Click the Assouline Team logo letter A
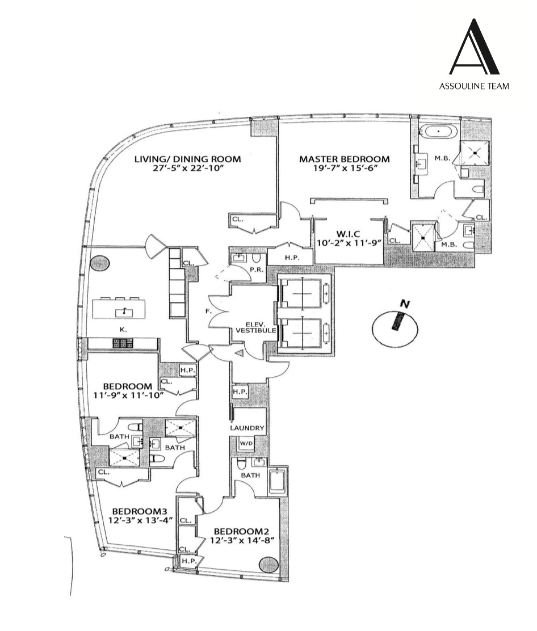pyautogui.click(x=474, y=48)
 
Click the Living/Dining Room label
pyautogui.click(x=187, y=159)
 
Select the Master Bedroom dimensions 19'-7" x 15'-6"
pyautogui.click(x=345, y=169)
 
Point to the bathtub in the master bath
pyautogui.click(x=438, y=133)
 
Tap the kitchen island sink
pyautogui.click(x=123, y=310)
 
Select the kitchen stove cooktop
pyautogui.click(x=123, y=343)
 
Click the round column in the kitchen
pyautogui.click(x=98, y=263)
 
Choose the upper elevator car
pyautogui.click(x=301, y=294)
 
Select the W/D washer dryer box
pyautogui.click(x=245, y=443)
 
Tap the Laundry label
pyautogui.click(x=247, y=428)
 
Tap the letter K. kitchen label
pyautogui.click(x=123, y=329)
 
